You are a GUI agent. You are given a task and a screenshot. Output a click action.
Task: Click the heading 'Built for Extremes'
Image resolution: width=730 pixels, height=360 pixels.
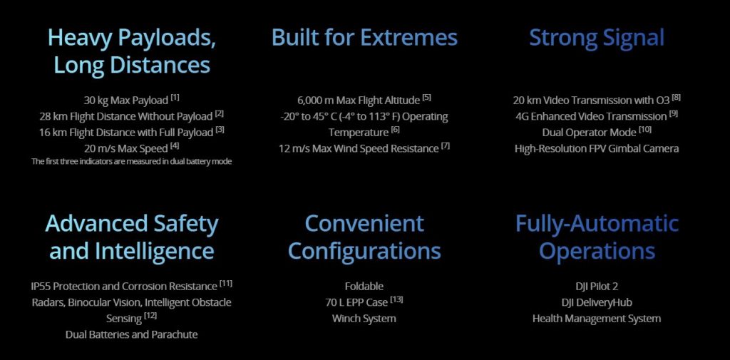coord(364,37)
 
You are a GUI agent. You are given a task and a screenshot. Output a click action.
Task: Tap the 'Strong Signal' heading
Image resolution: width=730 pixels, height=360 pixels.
coord(597,38)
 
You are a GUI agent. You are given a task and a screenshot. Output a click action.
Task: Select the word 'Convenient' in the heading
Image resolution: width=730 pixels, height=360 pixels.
coord(364,224)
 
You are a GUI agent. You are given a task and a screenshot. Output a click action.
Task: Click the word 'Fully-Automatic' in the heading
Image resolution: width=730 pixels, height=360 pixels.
coord(597,224)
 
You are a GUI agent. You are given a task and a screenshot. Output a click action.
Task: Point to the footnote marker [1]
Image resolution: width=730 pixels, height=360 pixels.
coord(175,98)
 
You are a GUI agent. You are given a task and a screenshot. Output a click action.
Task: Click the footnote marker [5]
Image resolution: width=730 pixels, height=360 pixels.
coord(426,98)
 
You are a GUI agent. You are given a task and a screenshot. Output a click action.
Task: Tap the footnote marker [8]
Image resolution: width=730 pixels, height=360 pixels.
coord(677,98)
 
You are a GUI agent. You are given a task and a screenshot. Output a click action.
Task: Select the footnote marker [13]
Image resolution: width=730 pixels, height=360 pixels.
coord(396,299)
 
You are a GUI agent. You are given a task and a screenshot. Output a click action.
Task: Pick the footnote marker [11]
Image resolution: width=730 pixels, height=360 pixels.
coord(226,283)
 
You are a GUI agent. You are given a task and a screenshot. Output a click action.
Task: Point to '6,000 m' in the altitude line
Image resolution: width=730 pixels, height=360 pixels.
coord(315,101)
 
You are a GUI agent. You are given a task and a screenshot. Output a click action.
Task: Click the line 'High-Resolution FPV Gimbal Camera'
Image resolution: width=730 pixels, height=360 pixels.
coord(597,148)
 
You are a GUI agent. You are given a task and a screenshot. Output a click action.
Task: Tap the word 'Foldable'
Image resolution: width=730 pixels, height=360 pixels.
coord(364,286)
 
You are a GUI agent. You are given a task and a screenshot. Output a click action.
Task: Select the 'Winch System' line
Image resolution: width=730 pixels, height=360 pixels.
coord(364,319)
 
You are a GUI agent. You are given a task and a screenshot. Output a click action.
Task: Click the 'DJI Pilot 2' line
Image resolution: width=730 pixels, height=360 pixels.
coord(597,286)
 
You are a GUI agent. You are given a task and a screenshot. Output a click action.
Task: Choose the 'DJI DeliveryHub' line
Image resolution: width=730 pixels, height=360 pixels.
coord(597,303)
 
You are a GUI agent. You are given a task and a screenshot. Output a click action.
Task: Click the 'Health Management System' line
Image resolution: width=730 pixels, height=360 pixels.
coord(597,319)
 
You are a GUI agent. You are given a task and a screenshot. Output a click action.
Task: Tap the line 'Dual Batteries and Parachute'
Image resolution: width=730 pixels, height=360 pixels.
coord(131,334)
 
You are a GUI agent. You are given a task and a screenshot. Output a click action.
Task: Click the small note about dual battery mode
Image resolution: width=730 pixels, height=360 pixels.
coord(131,162)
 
